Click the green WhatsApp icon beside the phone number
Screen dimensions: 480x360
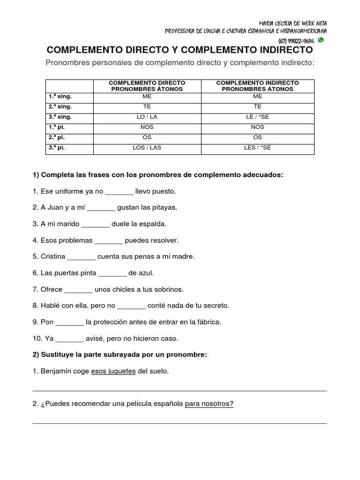pyautogui.click(x=321, y=40)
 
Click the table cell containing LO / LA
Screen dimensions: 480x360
pyautogui.click(x=147, y=117)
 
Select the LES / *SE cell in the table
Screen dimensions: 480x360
pyautogui.click(x=258, y=148)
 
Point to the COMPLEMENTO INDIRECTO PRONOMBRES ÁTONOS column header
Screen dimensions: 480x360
pyautogui.click(x=258, y=86)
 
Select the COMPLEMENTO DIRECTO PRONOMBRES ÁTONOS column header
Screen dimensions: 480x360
pyautogui.click(x=147, y=86)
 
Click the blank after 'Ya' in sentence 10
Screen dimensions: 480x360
pyautogui.click(x=70, y=338)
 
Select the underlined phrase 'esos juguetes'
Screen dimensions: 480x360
pyautogui.click(x=113, y=371)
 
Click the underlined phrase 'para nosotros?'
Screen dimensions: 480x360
pyautogui.click(x=209, y=404)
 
